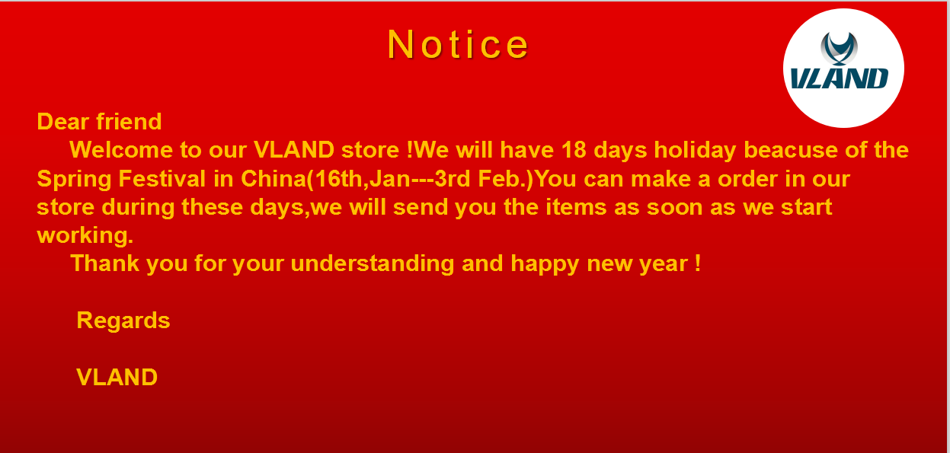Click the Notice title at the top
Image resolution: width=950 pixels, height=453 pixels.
click(x=458, y=44)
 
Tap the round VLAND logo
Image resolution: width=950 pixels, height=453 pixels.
click(x=843, y=69)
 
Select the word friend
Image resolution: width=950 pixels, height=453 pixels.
click(x=129, y=122)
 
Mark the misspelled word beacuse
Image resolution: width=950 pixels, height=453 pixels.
click(x=790, y=149)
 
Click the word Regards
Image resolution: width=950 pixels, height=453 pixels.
click(x=123, y=321)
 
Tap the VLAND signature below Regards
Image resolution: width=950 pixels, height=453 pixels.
click(x=117, y=377)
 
